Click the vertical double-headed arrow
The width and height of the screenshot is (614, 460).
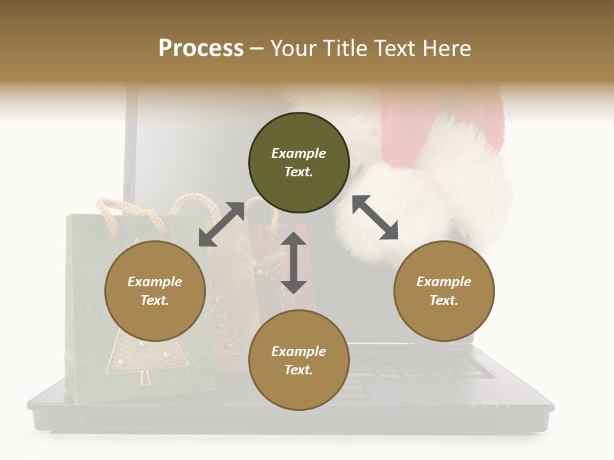tap(294, 263)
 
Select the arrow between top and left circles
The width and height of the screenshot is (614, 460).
tap(221, 224)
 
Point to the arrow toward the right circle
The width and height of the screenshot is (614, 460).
tap(375, 217)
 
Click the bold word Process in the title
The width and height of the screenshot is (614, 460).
tap(201, 48)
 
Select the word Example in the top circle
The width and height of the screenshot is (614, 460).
tap(299, 153)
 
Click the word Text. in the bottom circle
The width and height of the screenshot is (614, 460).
tap(299, 370)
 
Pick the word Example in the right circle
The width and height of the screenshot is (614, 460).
tap(444, 282)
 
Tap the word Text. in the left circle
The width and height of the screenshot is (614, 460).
tap(155, 300)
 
